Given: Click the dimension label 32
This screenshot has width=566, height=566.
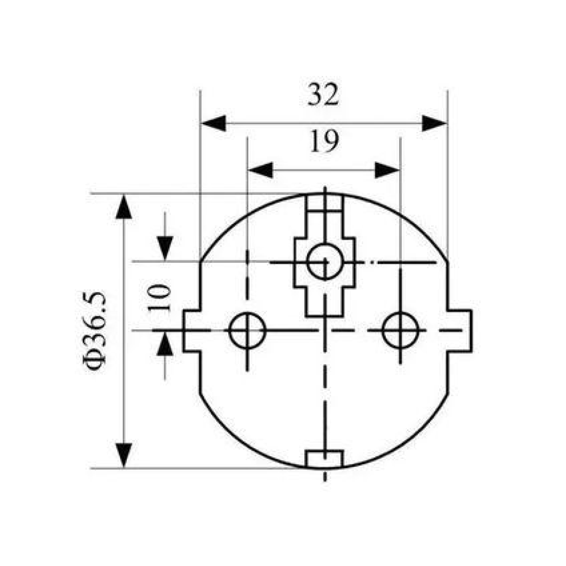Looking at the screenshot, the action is coord(323,94).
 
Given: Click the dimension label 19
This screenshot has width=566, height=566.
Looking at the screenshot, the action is coord(324,141).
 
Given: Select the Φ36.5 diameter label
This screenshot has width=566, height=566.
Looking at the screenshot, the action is coord(94,331).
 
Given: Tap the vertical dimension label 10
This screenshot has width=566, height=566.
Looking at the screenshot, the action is coord(159,298).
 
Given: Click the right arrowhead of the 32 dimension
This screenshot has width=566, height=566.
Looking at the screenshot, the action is coord(434,123).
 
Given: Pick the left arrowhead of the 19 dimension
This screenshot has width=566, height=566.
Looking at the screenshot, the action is coord(260,170).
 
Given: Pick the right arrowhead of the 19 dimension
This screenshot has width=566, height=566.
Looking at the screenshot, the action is coord(387,170).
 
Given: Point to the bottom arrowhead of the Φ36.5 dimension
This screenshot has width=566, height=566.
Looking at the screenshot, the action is coord(124,455).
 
